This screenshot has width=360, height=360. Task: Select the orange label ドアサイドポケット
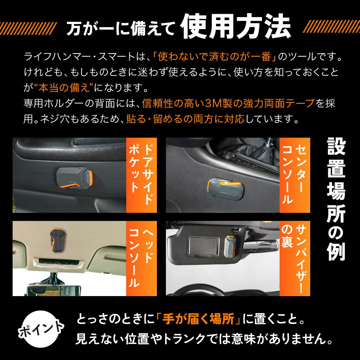click(141, 175)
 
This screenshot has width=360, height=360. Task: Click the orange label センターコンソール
click(295, 175)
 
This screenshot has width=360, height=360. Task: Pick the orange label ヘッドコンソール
click(141, 259)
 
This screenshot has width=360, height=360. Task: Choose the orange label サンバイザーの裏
click(295, 259)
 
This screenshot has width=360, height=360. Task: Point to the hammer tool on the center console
click(226, 188)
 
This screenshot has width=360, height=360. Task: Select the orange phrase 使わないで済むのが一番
click(214, 57)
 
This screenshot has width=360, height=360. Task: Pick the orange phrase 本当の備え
click(64, 88)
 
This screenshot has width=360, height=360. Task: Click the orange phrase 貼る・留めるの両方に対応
click(185, 119)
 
